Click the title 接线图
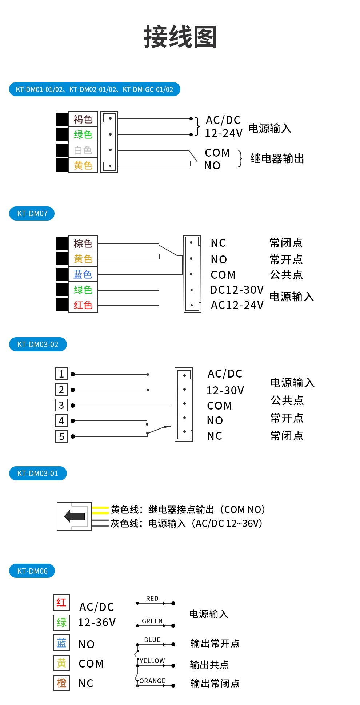(x=180, y=37)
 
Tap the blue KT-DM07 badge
(x=32, y=214)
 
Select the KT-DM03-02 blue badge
(x=38, y=345)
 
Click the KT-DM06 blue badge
(x=32, y=571)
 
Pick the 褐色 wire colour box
(x=83, y=119)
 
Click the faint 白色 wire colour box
(x=83, y=150)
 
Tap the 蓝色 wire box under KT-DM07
(x=83, y=274)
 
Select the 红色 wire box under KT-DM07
(x=83, y=305)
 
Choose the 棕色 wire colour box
(x=83, y=243)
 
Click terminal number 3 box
(x=61, y=405)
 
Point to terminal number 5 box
(x=61, y=436)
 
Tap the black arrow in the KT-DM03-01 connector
(x=75, y=516)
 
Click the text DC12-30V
(x=237, y=290)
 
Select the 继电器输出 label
(x=277, y=159)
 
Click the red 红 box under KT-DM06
(x=61, y=602)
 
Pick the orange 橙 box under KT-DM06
(x=61, y=683)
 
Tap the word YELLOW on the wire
(x=152, y=661)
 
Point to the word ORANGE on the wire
(x=152, y=681)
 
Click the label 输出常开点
(x=215, y=644)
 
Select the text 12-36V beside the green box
(x=97, y=623)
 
